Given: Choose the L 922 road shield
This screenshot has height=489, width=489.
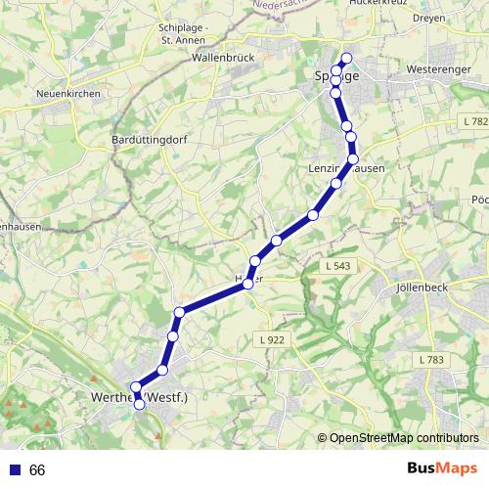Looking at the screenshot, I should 275,338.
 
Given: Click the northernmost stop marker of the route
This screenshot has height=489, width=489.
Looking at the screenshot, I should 346,58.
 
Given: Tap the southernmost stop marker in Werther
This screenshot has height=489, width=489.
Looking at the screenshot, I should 139,403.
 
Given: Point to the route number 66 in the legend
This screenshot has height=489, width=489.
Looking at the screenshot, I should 37,469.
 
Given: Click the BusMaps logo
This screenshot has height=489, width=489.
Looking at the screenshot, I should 442,468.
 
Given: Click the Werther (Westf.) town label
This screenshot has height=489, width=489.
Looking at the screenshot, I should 153,397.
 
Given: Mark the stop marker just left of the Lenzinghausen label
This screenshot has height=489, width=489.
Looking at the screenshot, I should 336,183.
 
